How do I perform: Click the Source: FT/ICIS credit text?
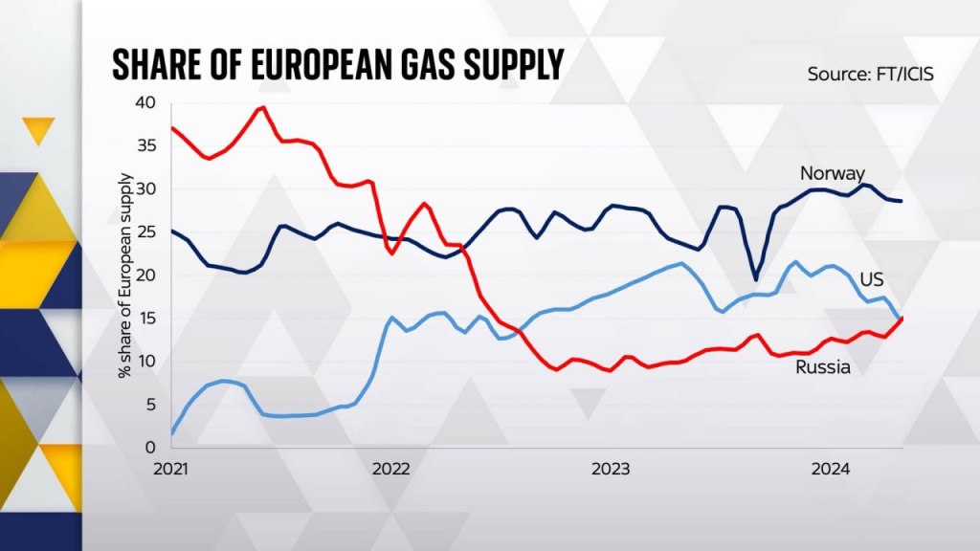pos(870,74)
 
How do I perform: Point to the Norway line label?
pos(833,174)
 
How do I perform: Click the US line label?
pos(871,279)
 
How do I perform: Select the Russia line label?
pos(823,367)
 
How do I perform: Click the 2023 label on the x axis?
pos(611,470)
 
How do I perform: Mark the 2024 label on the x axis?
pos(830,470)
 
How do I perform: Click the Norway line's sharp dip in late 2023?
pos(755,279)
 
